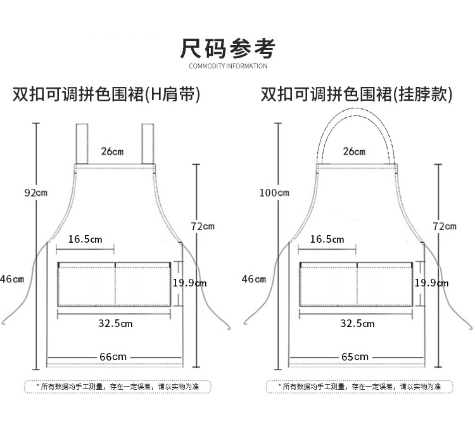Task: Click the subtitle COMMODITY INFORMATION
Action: click(228, 66)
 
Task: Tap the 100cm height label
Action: click(274, 192)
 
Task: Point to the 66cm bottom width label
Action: click(113, 357)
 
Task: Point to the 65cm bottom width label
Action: click(355, 357)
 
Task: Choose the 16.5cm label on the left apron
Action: click(85, 239)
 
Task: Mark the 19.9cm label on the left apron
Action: click(189, 283)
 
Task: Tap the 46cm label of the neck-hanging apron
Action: click(254, 279)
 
